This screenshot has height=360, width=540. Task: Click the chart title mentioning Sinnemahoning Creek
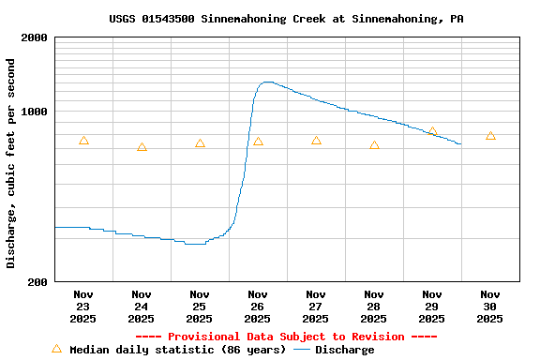point(286,19)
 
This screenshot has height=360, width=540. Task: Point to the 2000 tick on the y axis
point(35,37)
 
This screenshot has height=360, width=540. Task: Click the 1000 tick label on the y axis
point(35,112)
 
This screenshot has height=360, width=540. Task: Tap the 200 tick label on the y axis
point(38,281)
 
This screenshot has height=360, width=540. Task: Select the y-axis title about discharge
point(11,163)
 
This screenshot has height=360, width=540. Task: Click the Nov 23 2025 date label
point(83,307)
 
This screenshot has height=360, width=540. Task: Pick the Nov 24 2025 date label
point(142,307)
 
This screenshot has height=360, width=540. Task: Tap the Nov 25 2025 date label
point(200,307)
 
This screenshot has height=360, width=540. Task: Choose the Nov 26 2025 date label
point(258,307)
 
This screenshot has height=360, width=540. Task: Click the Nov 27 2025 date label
point(316,307)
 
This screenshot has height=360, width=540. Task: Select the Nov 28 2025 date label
point(374,307)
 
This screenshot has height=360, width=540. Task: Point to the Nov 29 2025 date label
point(432,307)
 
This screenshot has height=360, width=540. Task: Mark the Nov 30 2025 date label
point(490,307)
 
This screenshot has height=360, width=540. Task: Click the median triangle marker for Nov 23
point(83,141)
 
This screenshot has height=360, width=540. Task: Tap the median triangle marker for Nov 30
point(490,136)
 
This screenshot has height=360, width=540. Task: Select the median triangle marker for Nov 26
point(258,142)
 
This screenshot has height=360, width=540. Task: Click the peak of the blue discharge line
point(267,82)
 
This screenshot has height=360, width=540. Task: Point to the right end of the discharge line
point(460,143)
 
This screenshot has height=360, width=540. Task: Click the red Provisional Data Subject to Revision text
point(286,337)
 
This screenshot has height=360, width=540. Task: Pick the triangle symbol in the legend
point(56,350)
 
